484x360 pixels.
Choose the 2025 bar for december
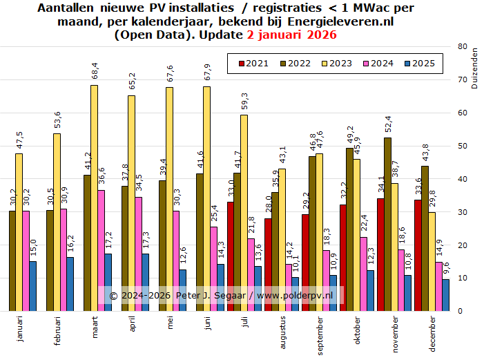(x=445, y=295)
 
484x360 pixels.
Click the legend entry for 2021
(x=253, y=64)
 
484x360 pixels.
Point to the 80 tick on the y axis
(x=461, y=46)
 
